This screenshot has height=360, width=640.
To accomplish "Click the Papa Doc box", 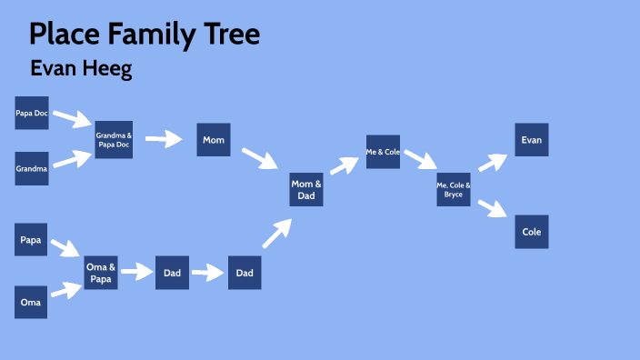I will coord(32,113).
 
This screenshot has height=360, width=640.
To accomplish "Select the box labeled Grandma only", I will coord(32,168).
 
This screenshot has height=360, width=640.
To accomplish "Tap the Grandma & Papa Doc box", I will coord(114,140).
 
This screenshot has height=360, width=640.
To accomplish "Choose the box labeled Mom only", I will coord(214,140).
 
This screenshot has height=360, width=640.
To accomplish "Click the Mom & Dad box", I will coord(306,189).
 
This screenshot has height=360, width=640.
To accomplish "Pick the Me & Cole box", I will coord(383,152).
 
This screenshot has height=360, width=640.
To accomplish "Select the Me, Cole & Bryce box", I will coord(454,189).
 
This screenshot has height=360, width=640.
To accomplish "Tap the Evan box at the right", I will coord(532,140).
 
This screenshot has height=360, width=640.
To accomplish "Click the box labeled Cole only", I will coord(532,232).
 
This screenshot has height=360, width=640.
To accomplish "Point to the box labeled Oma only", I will coord(32,301).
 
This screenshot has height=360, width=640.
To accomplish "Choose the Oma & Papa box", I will coord(100,273).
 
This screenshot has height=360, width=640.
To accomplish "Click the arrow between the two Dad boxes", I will coord(208,272).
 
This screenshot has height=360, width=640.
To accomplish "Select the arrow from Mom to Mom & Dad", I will coord(259,157).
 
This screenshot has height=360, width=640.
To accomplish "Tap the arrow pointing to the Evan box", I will coord(492,162).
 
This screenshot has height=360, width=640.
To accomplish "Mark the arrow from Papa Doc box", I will coord(71,118).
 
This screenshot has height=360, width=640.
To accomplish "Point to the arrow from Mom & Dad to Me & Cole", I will coord(345,165).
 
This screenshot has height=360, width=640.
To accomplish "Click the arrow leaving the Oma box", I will coord(66,291).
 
